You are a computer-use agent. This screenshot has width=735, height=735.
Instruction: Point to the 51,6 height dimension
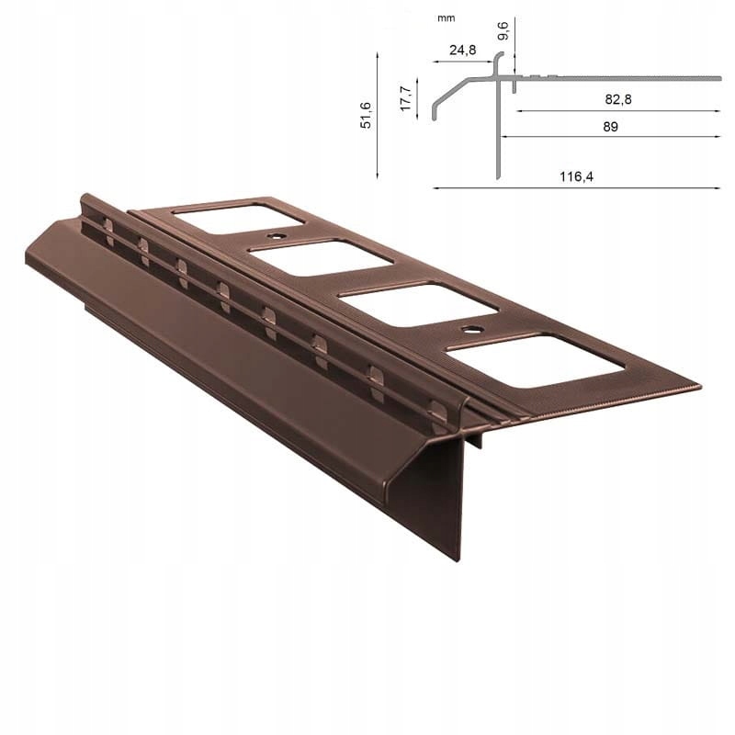coord(365,114)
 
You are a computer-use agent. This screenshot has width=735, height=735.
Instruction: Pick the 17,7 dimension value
coord(405,96)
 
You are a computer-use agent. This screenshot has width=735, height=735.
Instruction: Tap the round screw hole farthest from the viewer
coord(274,235)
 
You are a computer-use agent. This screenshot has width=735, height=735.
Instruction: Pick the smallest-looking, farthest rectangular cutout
coord(238,213)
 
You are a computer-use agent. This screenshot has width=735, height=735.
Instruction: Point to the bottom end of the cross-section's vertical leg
coord(497,176)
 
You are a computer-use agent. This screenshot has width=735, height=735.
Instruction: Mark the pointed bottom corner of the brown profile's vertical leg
coord(458,557)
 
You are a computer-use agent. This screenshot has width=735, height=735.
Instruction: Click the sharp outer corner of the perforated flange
coord(699,386)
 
